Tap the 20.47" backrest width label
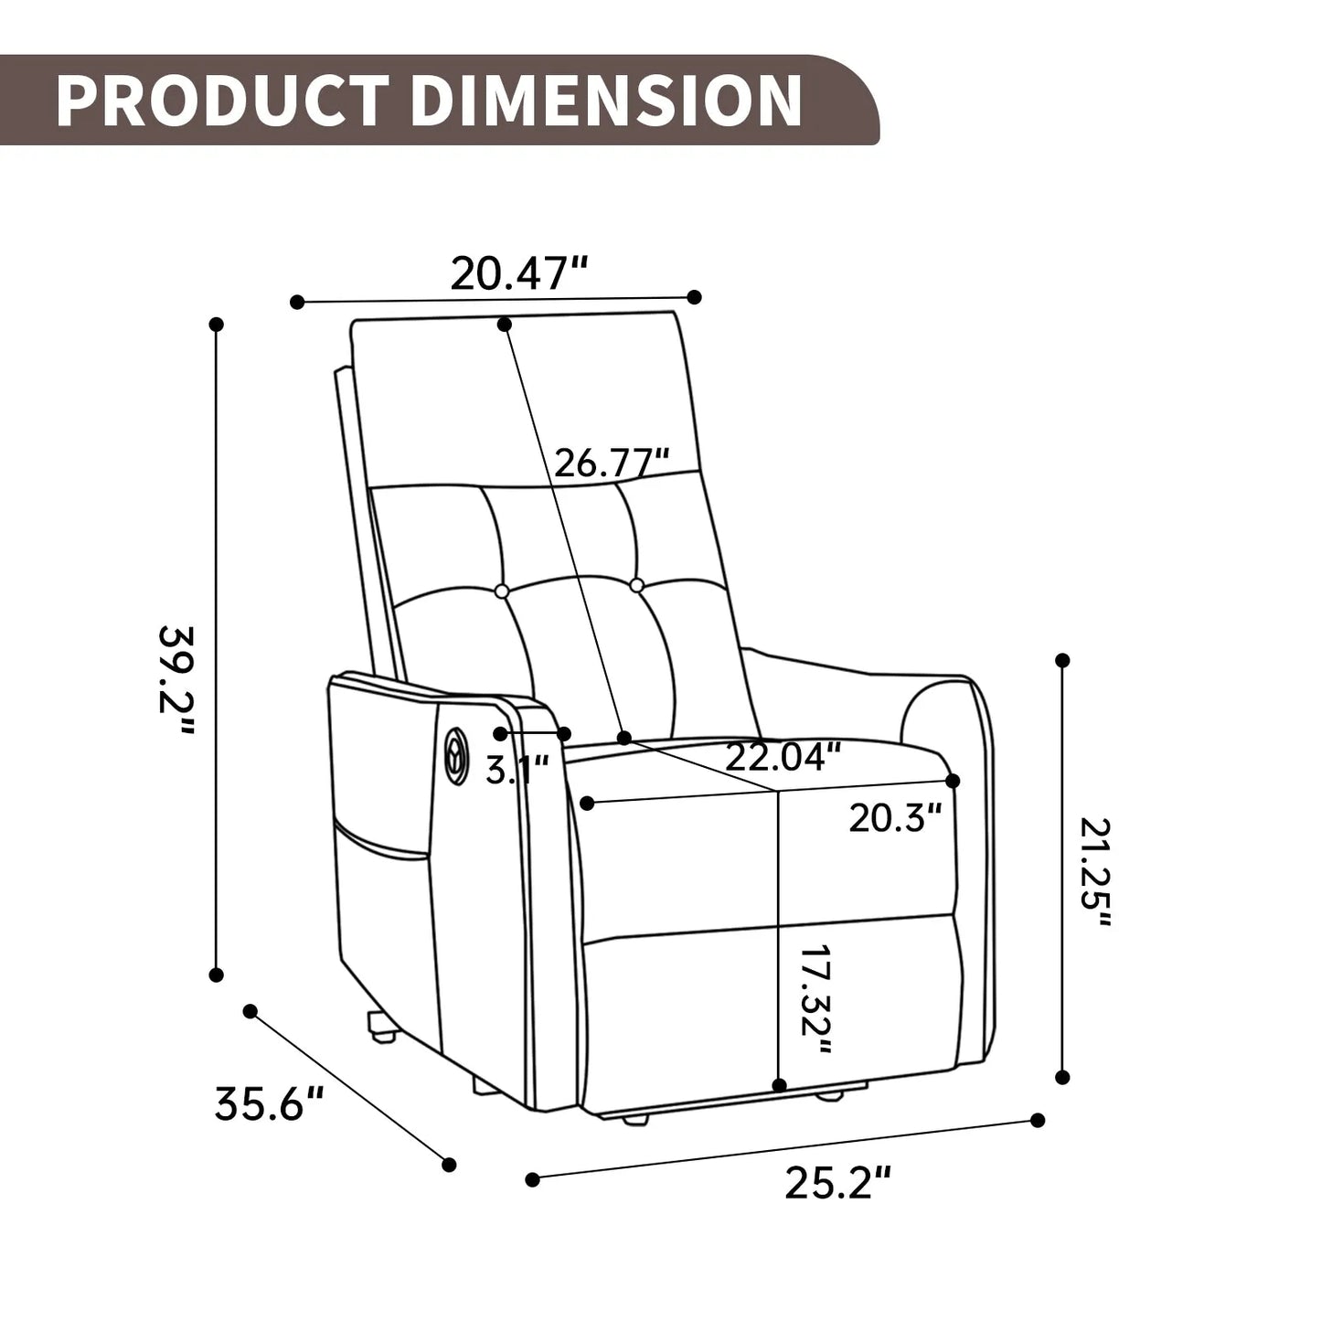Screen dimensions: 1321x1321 (518, 273)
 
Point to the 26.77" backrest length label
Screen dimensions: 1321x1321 (612, 463)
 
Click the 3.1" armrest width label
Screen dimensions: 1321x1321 (517, 770)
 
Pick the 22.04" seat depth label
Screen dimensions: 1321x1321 (783, 757)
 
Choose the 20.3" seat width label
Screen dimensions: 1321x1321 (894, 817)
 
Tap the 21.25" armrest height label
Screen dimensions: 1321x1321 (1094, 873)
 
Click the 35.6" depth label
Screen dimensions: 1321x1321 (270, 1104)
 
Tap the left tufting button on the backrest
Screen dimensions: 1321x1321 (501, 591)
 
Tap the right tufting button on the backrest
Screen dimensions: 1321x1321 (636, 584)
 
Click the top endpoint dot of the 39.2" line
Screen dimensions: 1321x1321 (217, 325)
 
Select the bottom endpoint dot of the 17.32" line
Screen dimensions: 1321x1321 (779, 1085)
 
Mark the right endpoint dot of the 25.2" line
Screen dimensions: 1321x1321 (1038, 1120)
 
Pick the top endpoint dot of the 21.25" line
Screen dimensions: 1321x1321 (1062, 660)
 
